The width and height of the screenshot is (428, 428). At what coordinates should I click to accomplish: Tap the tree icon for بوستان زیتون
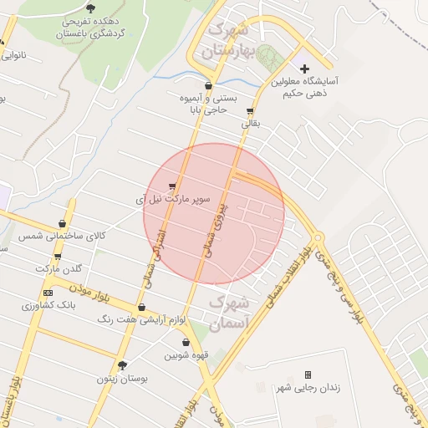(123, 365)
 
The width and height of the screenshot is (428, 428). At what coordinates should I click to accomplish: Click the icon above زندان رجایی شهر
(308, 374)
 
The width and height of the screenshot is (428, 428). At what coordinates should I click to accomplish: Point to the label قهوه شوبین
(185, 355)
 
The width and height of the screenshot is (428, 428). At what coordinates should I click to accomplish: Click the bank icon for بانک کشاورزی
(48, 293)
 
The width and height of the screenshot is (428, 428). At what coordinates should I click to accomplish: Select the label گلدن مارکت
(59, 268)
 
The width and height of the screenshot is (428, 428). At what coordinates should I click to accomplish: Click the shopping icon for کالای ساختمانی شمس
(63, 223)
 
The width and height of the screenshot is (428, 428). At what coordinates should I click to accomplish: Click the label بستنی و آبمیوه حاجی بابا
(207, 104)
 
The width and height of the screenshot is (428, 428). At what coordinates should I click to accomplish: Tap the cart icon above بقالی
(250, 111)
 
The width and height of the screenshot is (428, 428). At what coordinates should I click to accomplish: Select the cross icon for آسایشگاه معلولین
(304, 69)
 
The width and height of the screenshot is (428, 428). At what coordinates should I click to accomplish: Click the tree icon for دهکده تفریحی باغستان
(90, 8)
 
